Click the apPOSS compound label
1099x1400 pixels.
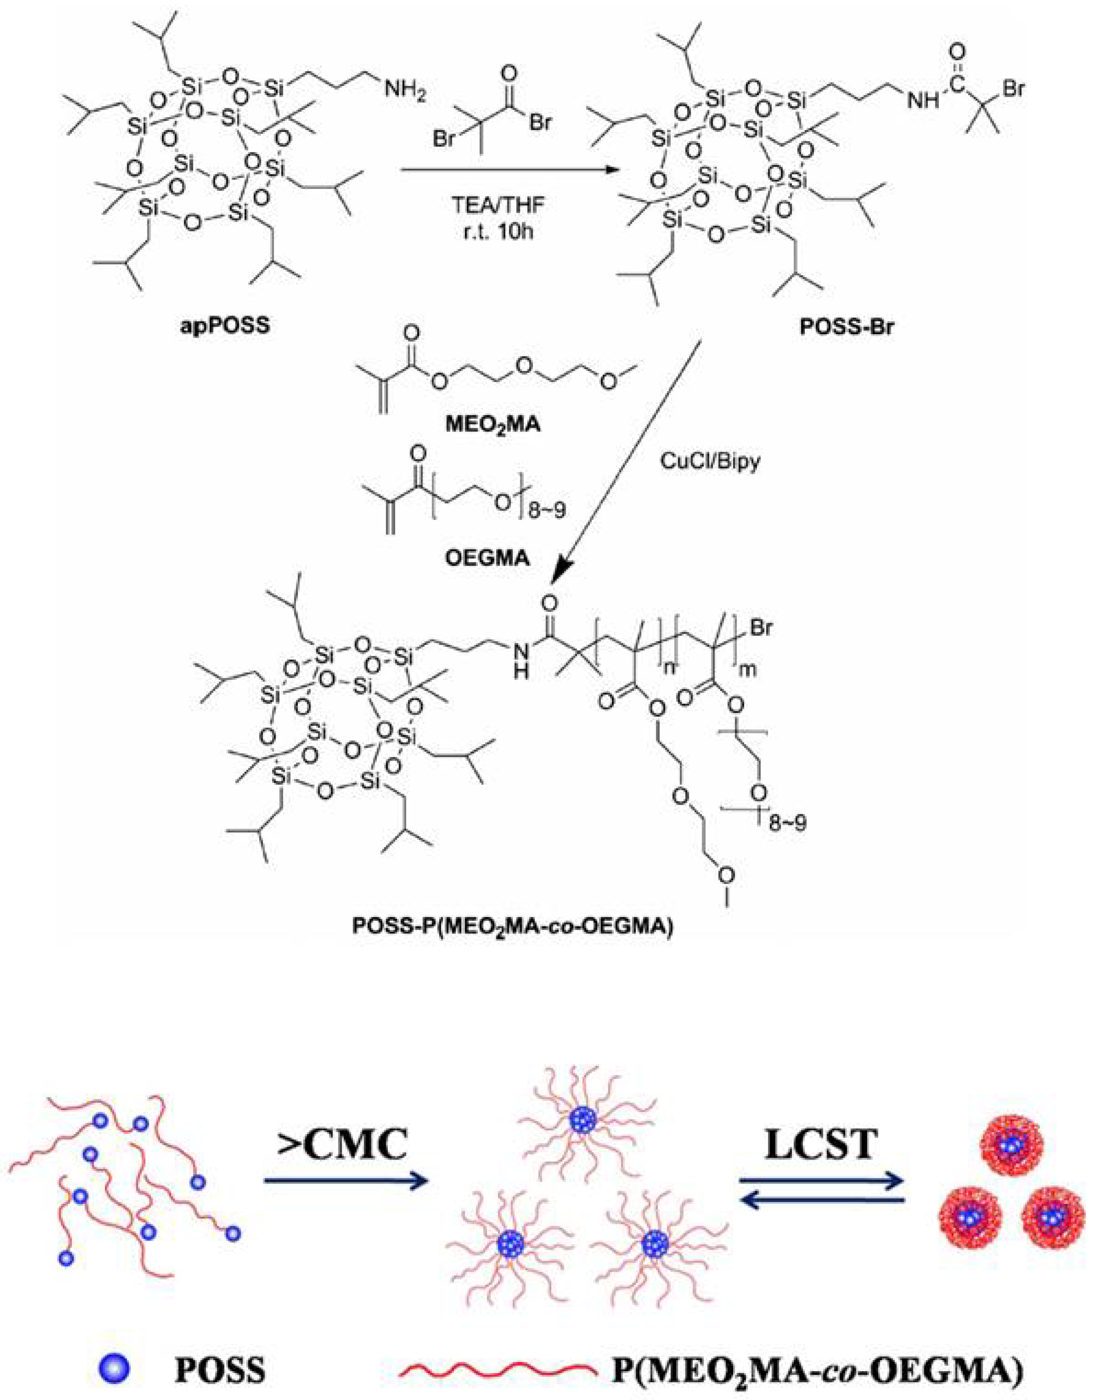point(225,326)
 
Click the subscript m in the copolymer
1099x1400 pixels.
point(748,669)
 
